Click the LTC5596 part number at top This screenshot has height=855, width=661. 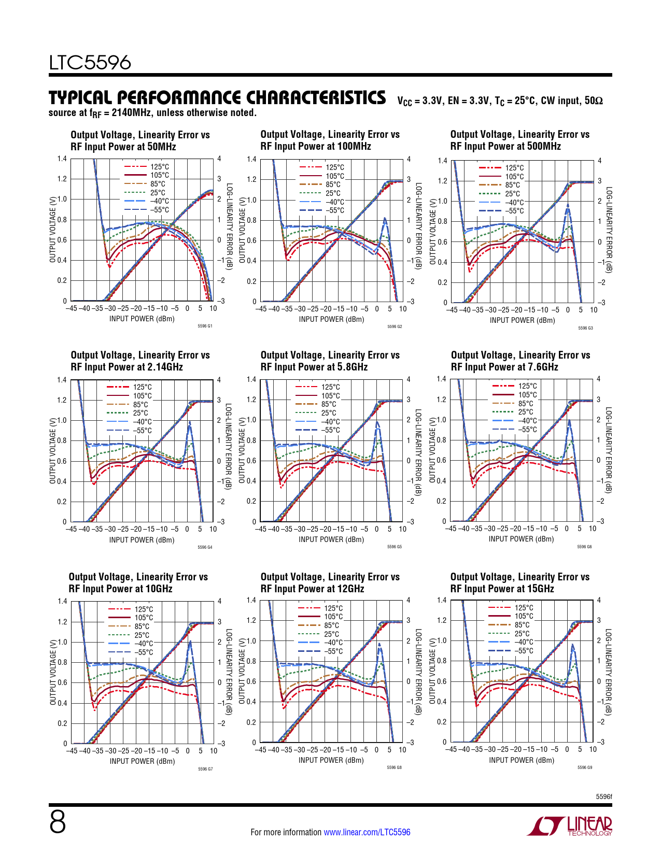(90, 63)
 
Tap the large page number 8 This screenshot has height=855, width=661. (58, 822)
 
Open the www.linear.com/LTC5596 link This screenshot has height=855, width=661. (367, 832)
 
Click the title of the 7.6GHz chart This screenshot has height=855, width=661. (521, 361)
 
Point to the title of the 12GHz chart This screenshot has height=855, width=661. (330, 583)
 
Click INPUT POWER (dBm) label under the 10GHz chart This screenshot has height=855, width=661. (142, 761)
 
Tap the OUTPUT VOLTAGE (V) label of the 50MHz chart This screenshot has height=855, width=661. (53, 230)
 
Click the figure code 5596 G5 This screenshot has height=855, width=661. (395, 547)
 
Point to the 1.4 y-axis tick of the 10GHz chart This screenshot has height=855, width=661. (62, 601)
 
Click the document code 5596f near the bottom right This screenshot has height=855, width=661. (603, 796)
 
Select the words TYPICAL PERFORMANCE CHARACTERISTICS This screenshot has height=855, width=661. (217, 97)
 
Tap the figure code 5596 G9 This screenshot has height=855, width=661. (585, 767)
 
